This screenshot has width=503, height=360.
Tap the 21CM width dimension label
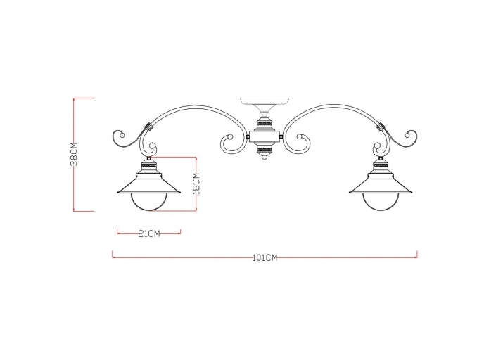148,233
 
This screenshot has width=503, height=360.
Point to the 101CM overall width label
265,257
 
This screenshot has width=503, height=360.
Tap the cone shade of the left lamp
148,184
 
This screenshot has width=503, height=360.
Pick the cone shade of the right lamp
381,184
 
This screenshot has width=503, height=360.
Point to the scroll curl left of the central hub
230,143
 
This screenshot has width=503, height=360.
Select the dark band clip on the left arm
148,129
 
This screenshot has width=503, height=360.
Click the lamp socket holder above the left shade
148,167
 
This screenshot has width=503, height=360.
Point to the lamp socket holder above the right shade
381,167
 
